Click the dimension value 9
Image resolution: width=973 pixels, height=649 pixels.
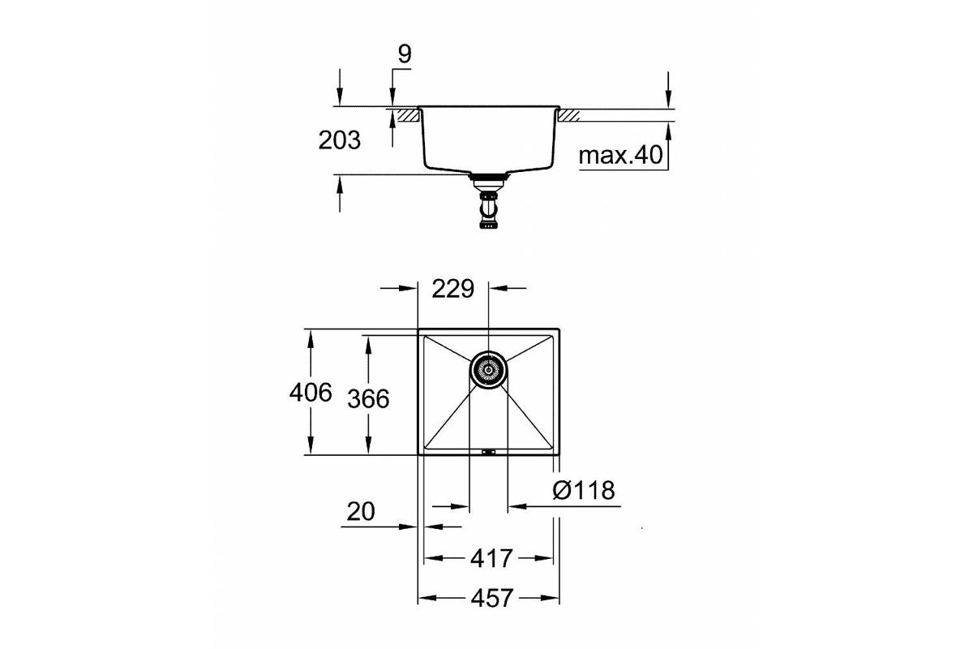(x=405, y=54)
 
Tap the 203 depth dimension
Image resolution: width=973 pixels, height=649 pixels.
(x=339, y=140)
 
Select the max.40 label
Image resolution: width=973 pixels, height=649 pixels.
(x=621, y=155)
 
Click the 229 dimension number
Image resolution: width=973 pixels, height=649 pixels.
(x=452, y=289)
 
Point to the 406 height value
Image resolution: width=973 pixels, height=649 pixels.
(x=311, y=392)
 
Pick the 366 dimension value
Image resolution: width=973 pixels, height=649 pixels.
(x=368, y=398)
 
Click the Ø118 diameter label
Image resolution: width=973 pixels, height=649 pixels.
(x=584, y=490)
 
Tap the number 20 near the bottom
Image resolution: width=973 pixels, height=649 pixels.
(x=361, y=511)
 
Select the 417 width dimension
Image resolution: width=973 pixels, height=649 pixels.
(x=491, y=559)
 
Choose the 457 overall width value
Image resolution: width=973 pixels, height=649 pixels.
(x=492, y=598)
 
